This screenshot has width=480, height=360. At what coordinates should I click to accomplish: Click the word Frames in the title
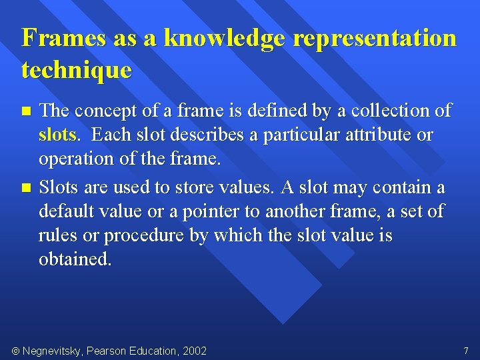63,38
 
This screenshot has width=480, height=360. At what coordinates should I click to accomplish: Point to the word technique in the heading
77,69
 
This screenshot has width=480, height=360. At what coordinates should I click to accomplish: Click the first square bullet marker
26,110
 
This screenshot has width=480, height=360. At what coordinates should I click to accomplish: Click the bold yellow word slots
57,135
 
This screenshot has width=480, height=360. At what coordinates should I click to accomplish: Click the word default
69,212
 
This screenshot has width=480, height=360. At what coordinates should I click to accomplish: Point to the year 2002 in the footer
193,351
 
